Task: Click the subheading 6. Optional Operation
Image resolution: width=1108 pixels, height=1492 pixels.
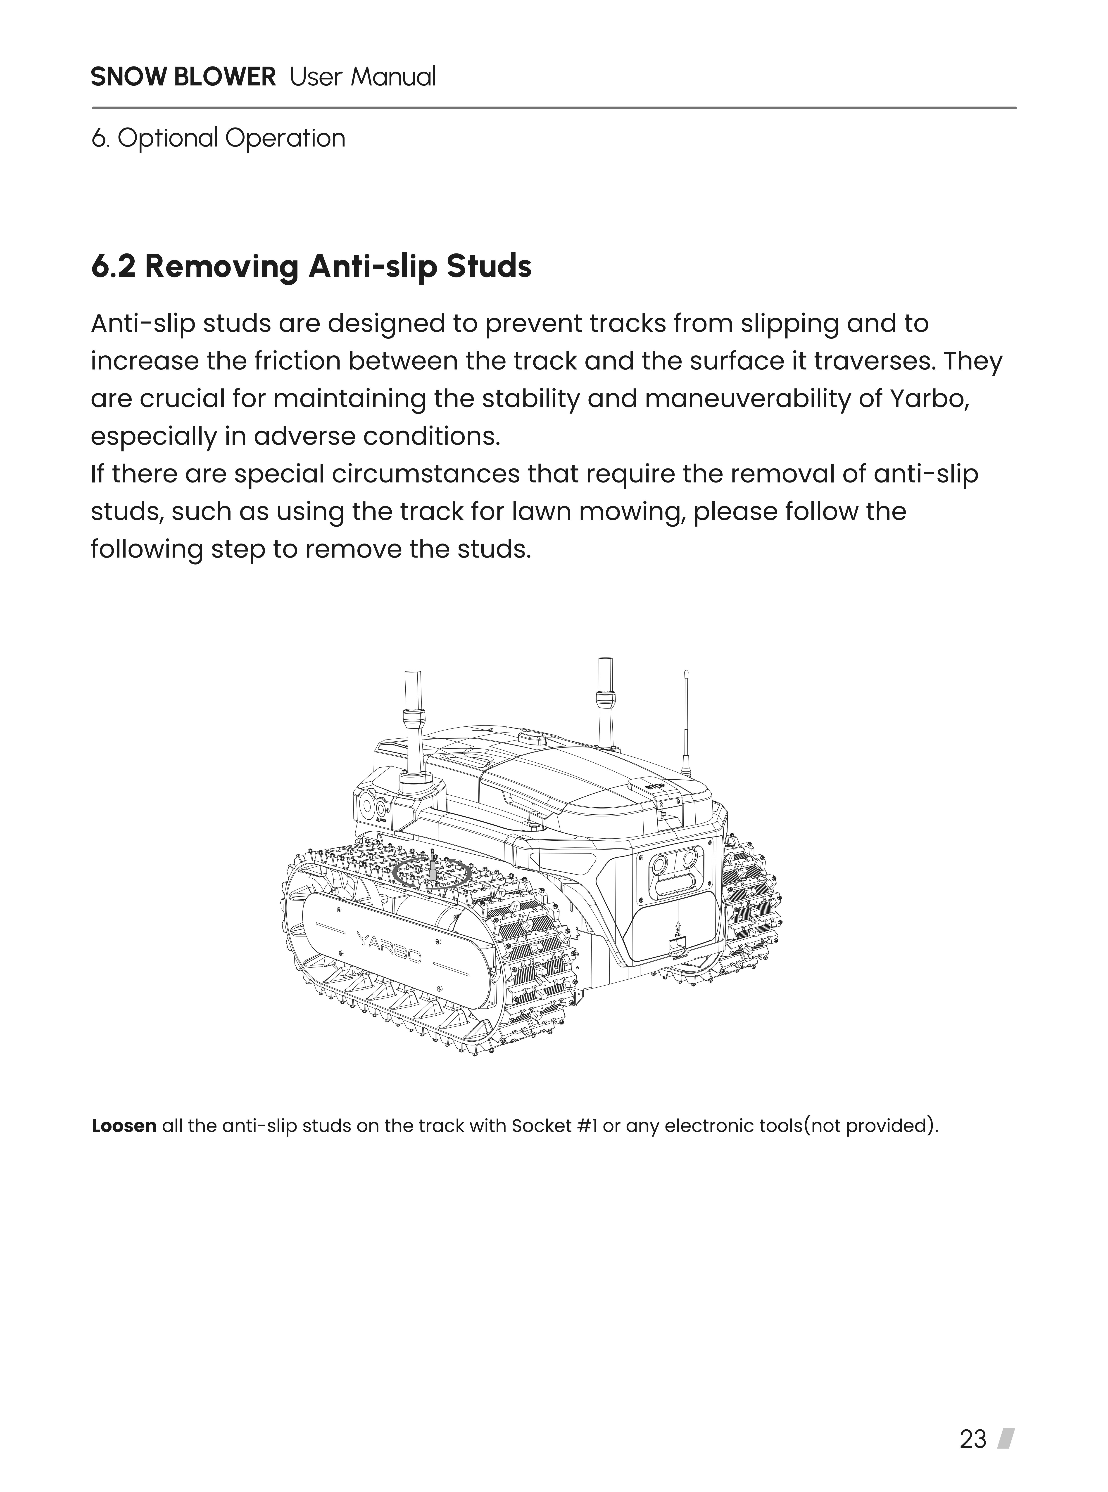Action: coord(218,139)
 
